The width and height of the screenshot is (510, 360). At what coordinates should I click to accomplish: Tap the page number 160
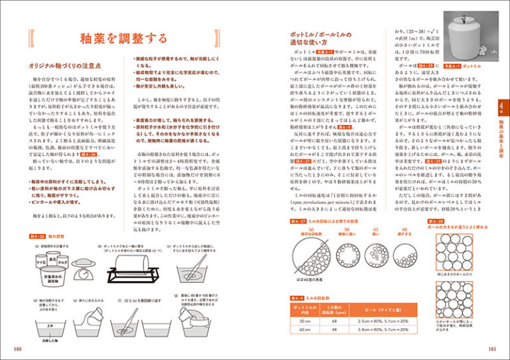coord(16,349)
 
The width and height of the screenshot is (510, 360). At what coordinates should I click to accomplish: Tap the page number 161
coord(492,349)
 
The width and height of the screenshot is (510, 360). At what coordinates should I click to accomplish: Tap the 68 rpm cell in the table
coord(349,321)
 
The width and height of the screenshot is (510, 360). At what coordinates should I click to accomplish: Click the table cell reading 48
coord(349,331)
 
